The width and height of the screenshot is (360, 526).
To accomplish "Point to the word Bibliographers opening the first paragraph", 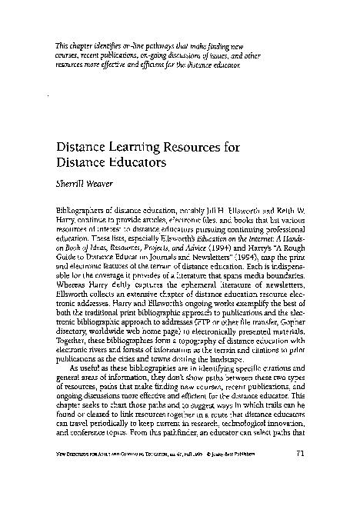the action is pyautogui.click(x=79, y=210).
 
